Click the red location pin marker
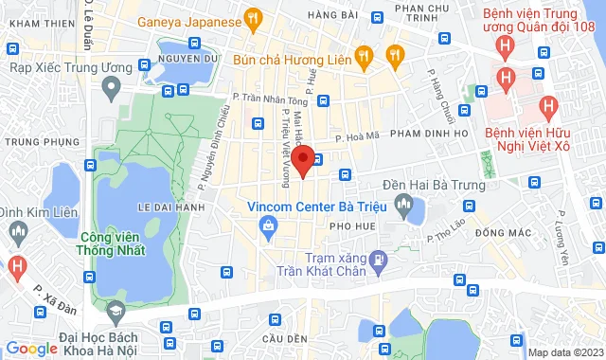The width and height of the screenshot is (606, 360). coord(303,159)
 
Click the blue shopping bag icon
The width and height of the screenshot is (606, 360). coord(270,225)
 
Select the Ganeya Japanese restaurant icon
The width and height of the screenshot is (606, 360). coord(252,18)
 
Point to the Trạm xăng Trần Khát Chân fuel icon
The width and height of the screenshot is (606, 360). coord(379,258)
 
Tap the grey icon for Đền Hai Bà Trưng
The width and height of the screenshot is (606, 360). coord(404,203)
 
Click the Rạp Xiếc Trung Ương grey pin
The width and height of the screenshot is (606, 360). coord(112,89)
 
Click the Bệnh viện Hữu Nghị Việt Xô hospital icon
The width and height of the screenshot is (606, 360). coord(546,106)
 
